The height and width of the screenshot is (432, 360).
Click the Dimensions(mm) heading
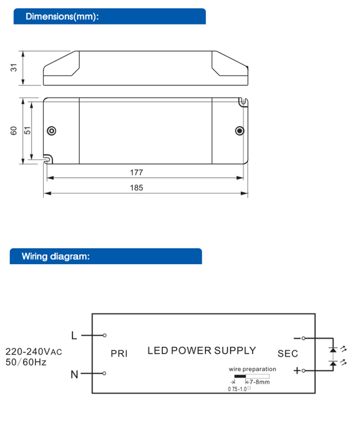pyautogui.click(x=62, y=16)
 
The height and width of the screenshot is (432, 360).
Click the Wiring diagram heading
pyautogui.click(x=55, y=256)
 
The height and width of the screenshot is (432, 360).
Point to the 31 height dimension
pyautogui.click(x=14, y=68)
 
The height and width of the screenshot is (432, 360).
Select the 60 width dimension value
pyautogui.click(x=14, y=131)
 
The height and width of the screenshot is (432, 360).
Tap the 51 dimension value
pyautogui.click(x=27, y=131)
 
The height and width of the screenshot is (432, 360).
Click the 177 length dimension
pyautogui.click(x=136, y=172)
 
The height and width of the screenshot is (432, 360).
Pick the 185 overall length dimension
pyautogui.click(x=136, y=188)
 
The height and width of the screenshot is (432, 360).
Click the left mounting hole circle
pyautogui.click(x=52, y=131)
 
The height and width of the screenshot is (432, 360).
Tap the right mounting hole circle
pyautogui.click(x=240, y=131)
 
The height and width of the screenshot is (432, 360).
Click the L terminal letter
pyautogui.click(x=75, y=335)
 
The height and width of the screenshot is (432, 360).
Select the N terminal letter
pyautogui.click(x=74, y=374)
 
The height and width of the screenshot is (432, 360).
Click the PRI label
pyautogui.click(x=119, y=353)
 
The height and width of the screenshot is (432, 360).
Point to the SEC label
pyautogui.click(x=287, y=353)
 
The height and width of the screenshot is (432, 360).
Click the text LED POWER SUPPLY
pyautogui.click(x=202, y=351)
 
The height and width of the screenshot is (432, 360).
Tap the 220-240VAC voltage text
pyautogui.click(x=34, y=351)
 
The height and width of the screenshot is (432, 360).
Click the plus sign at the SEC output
pyautogui.click(x=296, y=371)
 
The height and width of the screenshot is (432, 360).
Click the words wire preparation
pyautogui.click(x=251, y=369)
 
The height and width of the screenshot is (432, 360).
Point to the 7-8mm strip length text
pyautogui.click(x=259, y=382)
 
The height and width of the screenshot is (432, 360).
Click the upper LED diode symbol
pyautogui.click(x=332, y=349)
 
